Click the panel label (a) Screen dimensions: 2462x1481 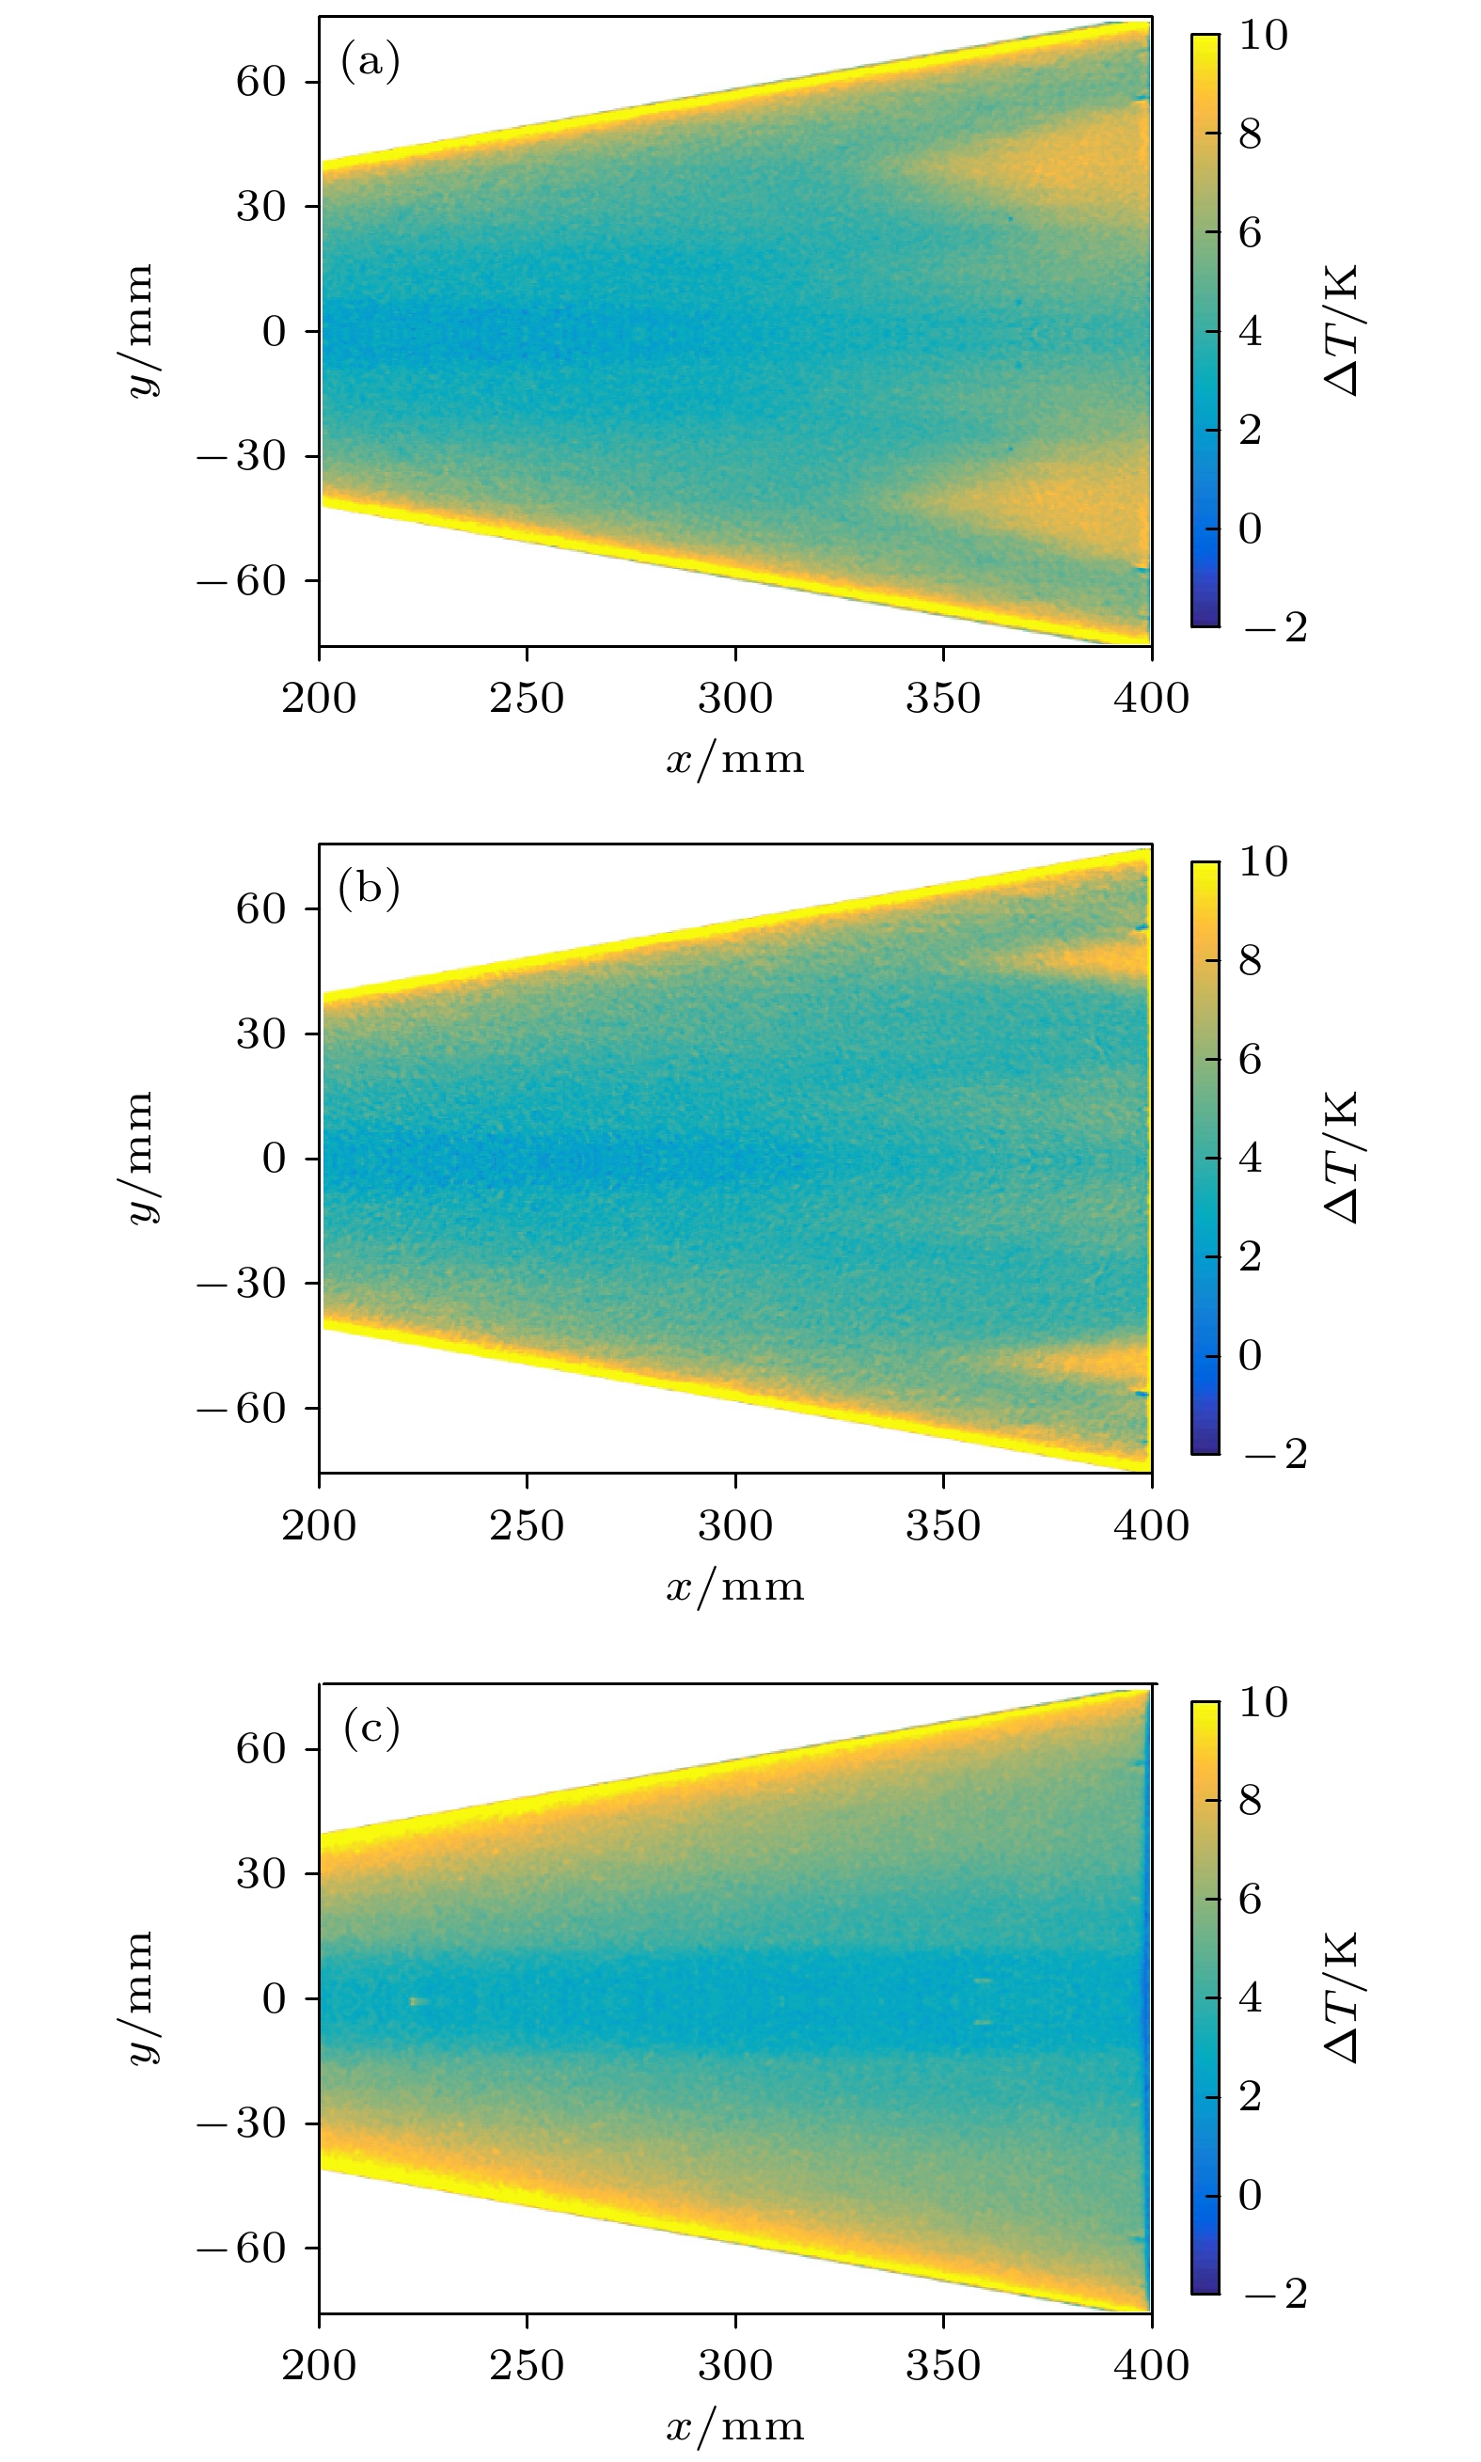[370, 62]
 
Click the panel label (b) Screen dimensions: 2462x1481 [370, 887]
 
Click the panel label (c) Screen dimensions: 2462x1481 [371, 1728]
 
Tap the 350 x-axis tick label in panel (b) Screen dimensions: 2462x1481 [943, 1525]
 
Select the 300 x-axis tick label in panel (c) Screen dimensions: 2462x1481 [734, 2364]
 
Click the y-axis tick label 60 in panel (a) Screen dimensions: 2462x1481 [261, 82]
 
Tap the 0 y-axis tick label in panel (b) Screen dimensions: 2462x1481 [275, 1159]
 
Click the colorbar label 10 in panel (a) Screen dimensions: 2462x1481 [1263, 36]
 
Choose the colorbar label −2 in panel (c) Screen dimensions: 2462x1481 [1274, 2295]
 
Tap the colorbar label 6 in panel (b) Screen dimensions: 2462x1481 [1250, 1059]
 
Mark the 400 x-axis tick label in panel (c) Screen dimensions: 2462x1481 [1151, 2364]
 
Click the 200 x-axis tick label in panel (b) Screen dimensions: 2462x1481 [320, 1525]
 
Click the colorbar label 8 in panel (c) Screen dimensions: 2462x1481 [1250, 1801]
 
